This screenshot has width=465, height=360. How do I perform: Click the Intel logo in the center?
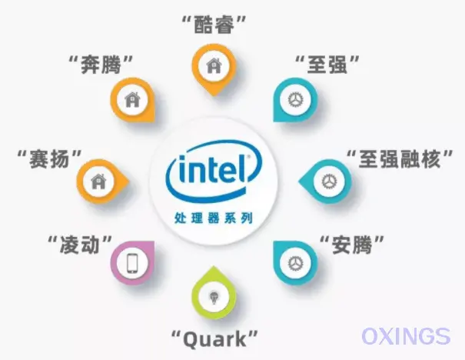[x=214, y=172]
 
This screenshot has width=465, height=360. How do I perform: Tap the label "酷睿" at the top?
[x=214, y=25]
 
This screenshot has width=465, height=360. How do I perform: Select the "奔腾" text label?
[x=101, y=65]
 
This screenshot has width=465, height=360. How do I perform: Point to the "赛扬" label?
[x=49, y=159]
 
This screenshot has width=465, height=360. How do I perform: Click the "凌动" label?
[x=80, y=245]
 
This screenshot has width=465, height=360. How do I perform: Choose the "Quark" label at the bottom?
[x=214, y=339]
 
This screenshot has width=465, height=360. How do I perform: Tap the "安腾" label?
[x=352, y=245]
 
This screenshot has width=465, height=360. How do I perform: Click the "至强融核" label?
[x=400, y=159]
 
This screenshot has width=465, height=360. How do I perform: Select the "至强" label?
[x=327, y=65]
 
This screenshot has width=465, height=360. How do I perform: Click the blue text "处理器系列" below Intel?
[x=214, y=218]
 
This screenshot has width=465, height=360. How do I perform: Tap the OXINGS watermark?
[x=406, y=336]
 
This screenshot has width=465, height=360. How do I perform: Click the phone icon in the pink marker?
[x=132, y=263]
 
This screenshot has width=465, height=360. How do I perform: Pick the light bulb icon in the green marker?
[x=214, y=296]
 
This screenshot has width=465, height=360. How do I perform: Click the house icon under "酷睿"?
[x=214, y=65]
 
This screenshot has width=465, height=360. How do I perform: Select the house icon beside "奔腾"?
[x=132, y=99]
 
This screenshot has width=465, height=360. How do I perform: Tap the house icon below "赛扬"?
[x=98, y=181]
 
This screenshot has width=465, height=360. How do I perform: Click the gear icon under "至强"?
[x=296, y=99]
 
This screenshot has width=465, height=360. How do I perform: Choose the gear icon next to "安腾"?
[x=296, y=263]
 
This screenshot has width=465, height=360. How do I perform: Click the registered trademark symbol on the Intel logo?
[x=248, y=156]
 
